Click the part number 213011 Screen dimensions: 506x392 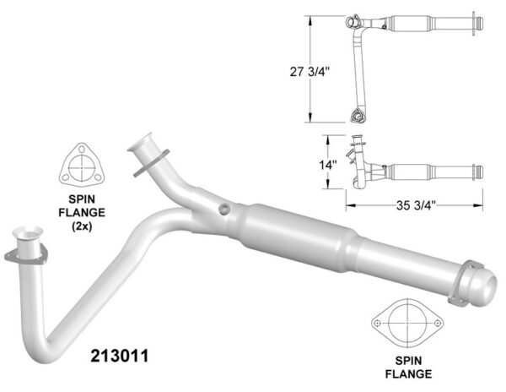point(120,356)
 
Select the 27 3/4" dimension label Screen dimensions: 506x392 point(310,72)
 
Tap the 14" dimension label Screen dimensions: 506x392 point(328,165)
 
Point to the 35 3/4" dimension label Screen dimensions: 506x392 point(417,205)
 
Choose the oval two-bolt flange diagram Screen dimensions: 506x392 point(407,323)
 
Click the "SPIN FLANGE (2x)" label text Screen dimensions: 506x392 point(82,213)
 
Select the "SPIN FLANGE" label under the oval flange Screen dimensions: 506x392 point(408,367)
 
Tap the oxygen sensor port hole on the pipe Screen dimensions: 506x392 point(224,209)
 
